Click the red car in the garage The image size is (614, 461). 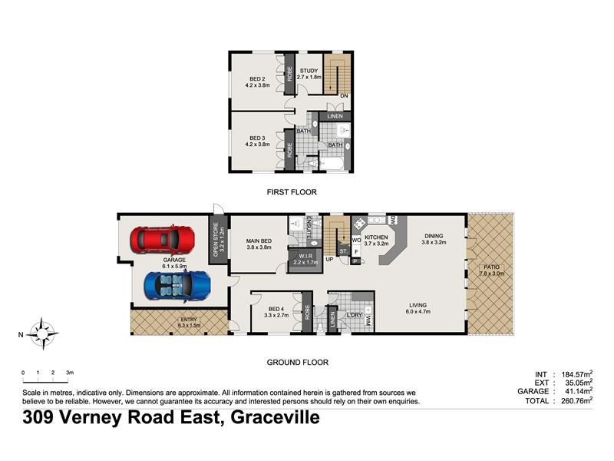(x=162, y=240)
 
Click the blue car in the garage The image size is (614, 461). (x=177, y=286)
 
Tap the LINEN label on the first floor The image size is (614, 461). (x=335, y=116)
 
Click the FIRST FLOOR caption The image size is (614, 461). (x=292, y=192)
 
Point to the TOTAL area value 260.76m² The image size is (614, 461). (x=577, y=400)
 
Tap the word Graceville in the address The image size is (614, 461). (x=275, y=417)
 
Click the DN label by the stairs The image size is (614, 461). (x=344, y=95)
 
